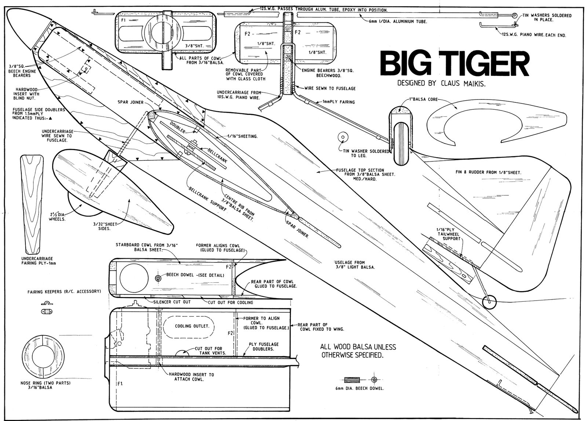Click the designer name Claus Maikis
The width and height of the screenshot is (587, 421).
pyautogui.click(x=463, y=83)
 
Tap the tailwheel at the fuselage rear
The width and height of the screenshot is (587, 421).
pyautogui.click(x=489, y=302)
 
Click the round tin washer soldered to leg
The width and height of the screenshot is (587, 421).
pyautogui.click(x=343, y=137)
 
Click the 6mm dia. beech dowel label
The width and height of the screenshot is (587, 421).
pyautogui.click(x=360, y=389)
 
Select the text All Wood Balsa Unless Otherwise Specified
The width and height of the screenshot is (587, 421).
pyautogui.click(x=358, y=351)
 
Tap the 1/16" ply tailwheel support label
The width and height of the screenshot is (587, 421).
pyautogui.click(x=448, y=233)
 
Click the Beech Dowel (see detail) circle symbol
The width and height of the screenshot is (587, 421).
pyautogui.click(x=158, y=278)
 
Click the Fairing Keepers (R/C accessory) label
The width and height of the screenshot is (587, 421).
pyautogui.click(x=63, y=291)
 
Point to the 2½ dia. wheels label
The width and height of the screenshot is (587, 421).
pyautogui.click(x=57, y=217)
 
